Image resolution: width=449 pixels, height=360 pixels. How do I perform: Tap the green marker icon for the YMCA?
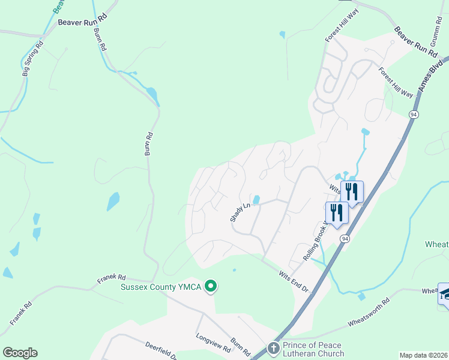click(x=210, y=287)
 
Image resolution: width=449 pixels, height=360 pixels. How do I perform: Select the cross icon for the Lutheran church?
click(x=274, y=349)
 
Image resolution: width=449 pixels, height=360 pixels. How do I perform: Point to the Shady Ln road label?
click(x=240, y=211)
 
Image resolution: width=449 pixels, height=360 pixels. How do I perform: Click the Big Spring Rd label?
click(x=33, y=58)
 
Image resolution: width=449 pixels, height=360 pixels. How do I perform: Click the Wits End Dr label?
click(x=294, y=281)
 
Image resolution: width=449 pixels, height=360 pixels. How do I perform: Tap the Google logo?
click(x=20, y=353)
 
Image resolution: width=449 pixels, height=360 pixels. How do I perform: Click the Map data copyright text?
click(x=423, y=355)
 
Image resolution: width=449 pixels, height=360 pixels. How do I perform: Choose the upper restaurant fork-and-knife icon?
click(x=352, y=192)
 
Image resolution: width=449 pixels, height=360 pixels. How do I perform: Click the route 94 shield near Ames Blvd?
click(x=414, y=114)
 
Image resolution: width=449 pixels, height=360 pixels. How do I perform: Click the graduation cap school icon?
click(x=445, y=293)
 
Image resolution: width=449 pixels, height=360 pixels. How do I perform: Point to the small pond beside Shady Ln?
click(x=256, y=199)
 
